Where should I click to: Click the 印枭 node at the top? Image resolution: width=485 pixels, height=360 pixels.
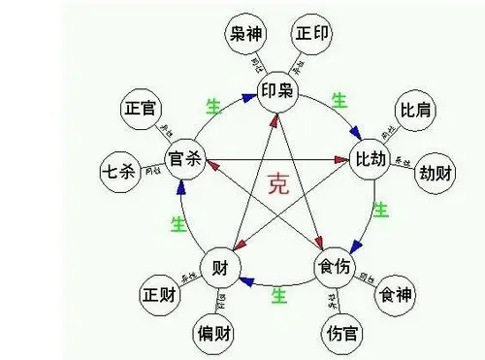(276, 92)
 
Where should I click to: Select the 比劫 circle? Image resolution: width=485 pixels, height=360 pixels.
(372, 157)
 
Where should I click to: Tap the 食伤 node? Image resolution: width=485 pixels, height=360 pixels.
(335, 266)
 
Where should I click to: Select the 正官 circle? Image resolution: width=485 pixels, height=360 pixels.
(144, 110)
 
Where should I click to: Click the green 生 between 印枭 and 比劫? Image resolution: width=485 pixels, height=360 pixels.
(339, 99)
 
